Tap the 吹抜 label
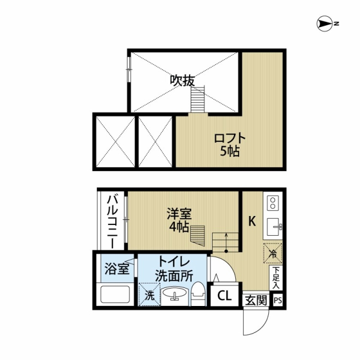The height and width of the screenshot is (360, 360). tap(182, 80)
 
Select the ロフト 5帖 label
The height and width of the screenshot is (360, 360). tap(230, 145)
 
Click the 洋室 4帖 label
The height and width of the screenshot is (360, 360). tap(179, 220)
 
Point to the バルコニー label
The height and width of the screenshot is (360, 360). tap(112, 222)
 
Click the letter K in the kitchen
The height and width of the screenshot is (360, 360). tap(252, 221)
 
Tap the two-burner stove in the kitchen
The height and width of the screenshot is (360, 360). tap(273, 203)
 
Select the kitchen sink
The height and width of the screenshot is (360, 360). tap(274, 227)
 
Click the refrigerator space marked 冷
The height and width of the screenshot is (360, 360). tap(273, 253)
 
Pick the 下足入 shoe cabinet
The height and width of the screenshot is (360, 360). tap(276, 278)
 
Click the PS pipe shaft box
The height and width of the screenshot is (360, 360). tap(277, 300)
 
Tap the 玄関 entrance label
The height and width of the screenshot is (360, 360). tap(256, 300)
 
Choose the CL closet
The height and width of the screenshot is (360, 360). tap(224, 296)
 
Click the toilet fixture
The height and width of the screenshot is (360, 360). tap(198, 294)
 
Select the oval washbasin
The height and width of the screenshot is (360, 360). tap(174, 294)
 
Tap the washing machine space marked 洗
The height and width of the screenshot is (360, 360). tap(149, 295)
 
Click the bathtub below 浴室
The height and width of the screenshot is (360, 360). tap(115, 294)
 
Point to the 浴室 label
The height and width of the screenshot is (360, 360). tap(117, 269)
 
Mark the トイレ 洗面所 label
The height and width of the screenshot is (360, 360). tap(174, 269)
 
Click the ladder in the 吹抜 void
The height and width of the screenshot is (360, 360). tap(197, 99)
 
